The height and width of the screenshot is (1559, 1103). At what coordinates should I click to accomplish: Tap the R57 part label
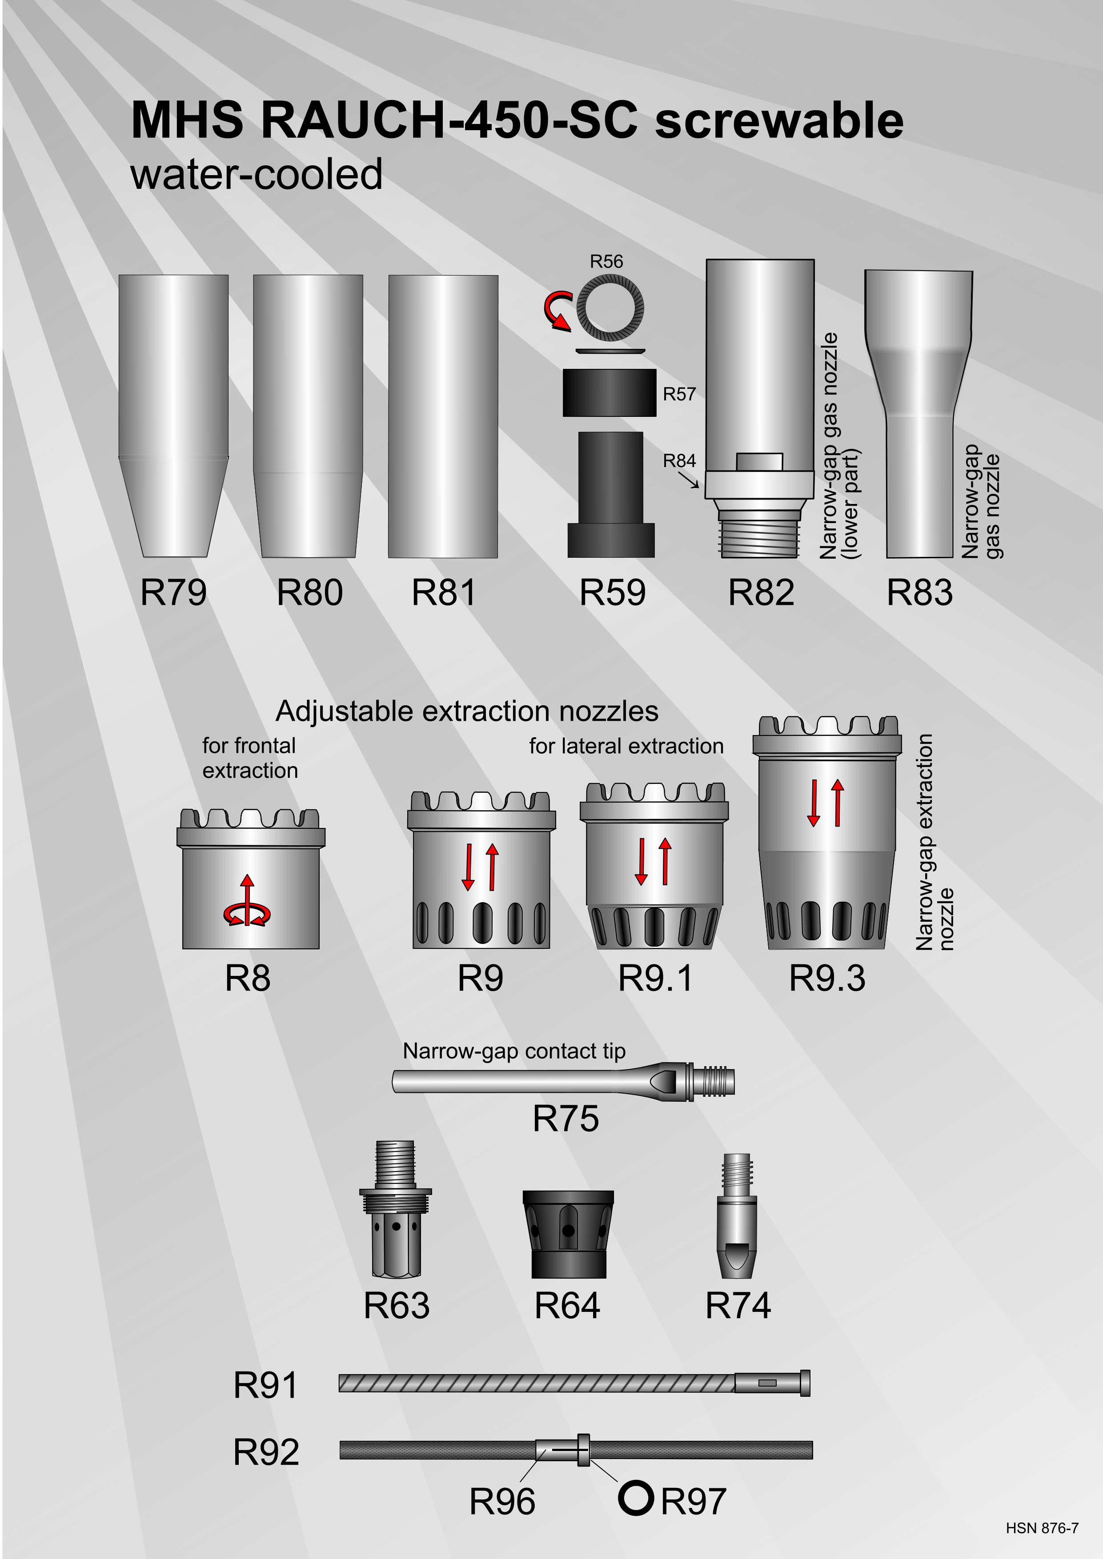click(679, 394)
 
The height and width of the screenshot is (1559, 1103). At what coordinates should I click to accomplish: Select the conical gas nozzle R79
click(173, 416)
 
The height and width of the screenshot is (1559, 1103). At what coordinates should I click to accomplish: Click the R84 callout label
click(679, 460)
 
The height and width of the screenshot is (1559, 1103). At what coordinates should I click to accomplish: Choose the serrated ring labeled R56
click(610, 308)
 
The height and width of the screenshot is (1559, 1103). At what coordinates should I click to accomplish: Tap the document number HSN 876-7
click(1042, 1528)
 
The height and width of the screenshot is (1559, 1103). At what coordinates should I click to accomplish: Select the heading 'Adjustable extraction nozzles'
click(467, 711)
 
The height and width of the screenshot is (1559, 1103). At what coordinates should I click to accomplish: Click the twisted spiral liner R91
click(574, 1383)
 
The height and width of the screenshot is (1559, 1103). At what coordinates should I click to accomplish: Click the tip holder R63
click(395, 1209)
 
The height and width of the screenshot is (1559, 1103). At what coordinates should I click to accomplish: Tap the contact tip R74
click(737, 1215)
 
